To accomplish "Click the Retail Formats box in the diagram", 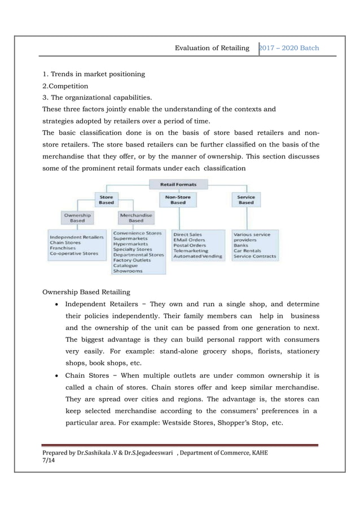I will [178, 183].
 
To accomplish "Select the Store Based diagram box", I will [106, 200].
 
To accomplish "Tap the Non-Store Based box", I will [178, 200].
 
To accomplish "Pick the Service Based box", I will [246, 200].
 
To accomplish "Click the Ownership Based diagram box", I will [77, 218].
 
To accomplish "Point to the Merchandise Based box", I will [135, 218].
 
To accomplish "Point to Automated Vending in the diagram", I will [197, 256].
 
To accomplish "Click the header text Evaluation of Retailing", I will [212, 48].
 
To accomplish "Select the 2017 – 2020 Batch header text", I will [289, 48].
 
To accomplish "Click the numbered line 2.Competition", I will [65, 86].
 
